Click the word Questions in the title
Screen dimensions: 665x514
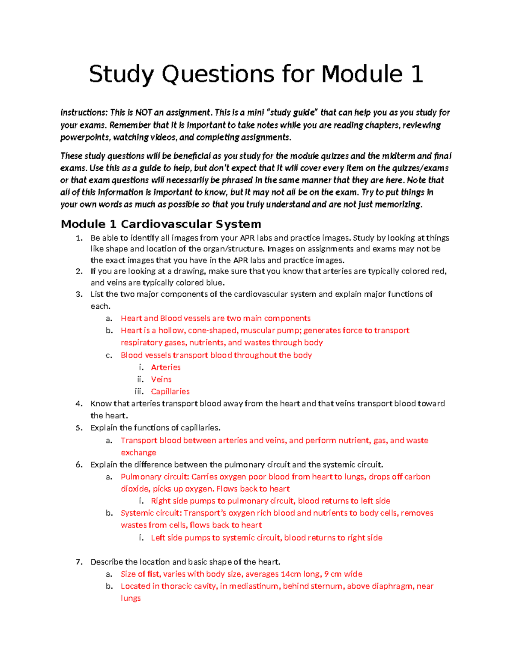(x=218, y=75)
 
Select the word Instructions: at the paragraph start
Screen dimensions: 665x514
(x=84, y=113)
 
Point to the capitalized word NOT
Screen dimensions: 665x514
(x=143, y=113)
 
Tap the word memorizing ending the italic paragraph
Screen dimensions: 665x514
(x=398, y=204)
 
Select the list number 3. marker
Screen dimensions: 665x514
(x=79, y=294)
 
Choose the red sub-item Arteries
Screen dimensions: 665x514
(x=166, y=367)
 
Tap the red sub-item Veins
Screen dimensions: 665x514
(x=161, y=379)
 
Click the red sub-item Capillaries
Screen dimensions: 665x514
(x=170, y=391)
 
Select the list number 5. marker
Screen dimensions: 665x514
(x=79, y=428)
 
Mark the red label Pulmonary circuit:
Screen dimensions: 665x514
(x=155, y=477)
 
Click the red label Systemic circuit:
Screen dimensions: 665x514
(x=152, y=513)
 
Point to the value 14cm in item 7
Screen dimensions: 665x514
(x=291, y=574)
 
